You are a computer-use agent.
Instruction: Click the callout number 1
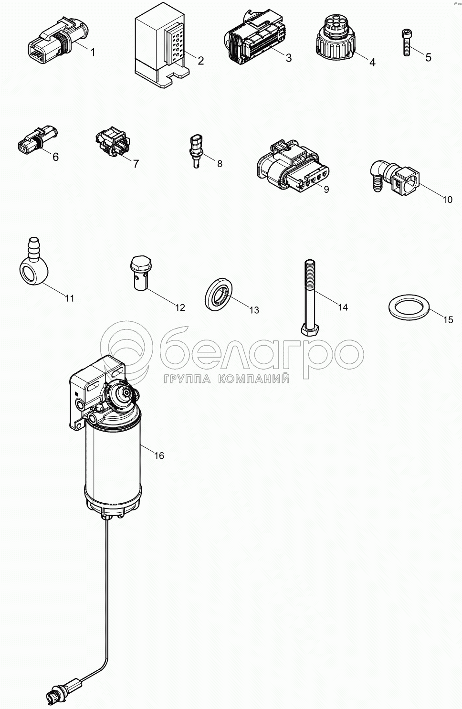[x=93, y=52]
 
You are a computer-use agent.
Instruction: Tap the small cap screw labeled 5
[x=407, y=42]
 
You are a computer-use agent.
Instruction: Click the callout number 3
[x=288, y=58]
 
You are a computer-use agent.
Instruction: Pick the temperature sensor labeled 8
[x=197, y=151]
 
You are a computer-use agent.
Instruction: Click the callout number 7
[x=136, y=164]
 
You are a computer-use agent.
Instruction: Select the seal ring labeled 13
[x=219, y=294]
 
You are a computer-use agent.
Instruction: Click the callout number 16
[x=159, y=455]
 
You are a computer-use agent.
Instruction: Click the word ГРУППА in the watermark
[x=187, y=379]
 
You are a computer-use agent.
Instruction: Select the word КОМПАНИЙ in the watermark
[x=253, y=379]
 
